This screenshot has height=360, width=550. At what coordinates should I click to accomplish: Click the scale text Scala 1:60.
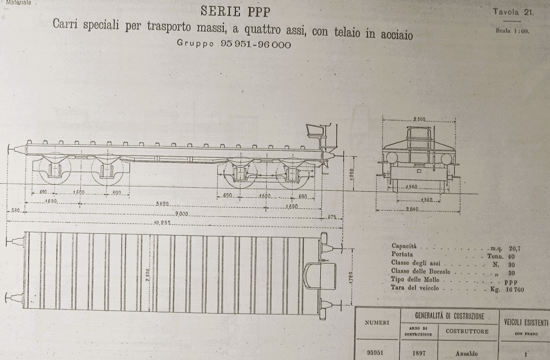point(512,32)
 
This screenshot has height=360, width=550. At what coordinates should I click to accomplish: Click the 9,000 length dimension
point(181,214)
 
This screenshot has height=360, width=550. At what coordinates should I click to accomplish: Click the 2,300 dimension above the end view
point(419,119)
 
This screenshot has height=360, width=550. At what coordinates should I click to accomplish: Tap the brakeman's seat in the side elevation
point(315,132)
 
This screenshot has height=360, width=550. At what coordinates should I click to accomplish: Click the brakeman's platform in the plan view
point(320,276)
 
